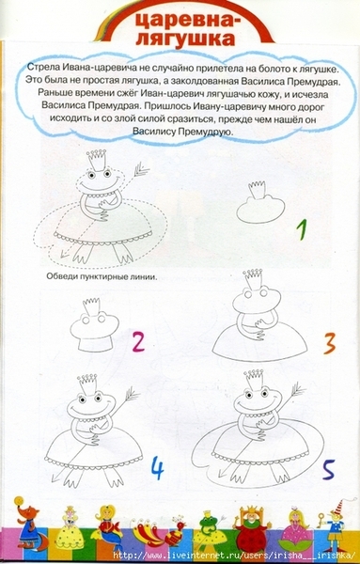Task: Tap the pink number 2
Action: (138, 342)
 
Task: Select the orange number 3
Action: (329, 343)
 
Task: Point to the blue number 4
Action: (157, 467)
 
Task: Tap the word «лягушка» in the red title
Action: (186, 39)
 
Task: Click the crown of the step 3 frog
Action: (252, 278)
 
